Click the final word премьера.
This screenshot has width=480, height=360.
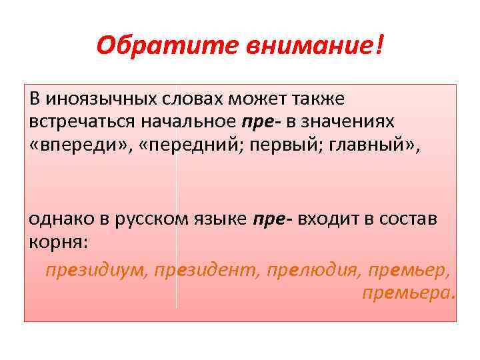point(409,292)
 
